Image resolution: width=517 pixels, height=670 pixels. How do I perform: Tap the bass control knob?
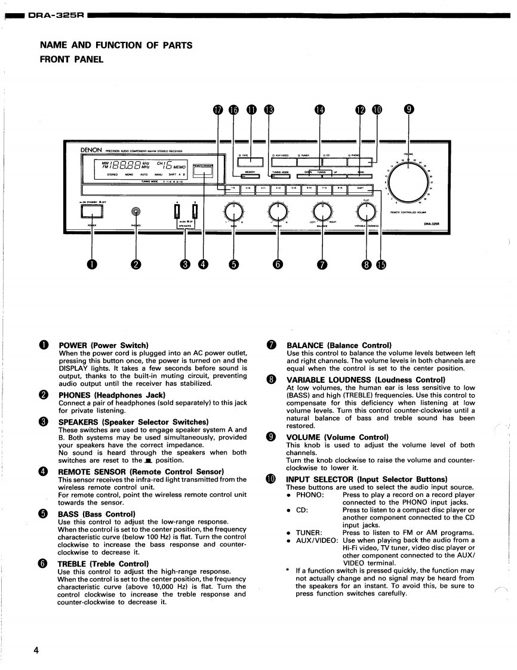click(233, 211)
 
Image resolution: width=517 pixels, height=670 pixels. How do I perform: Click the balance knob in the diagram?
click(322, 211)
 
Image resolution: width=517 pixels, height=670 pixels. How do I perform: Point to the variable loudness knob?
click(366, 211)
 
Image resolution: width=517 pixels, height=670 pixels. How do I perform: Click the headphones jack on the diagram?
click(137, 211)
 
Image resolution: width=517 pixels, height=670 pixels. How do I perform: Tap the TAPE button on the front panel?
click(250, 161)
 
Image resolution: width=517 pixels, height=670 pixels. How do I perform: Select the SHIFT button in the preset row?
click(360, 189)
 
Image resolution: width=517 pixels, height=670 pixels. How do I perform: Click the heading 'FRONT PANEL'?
click(71, 59)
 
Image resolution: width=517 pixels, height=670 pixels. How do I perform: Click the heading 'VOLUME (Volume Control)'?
click(337, 437)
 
